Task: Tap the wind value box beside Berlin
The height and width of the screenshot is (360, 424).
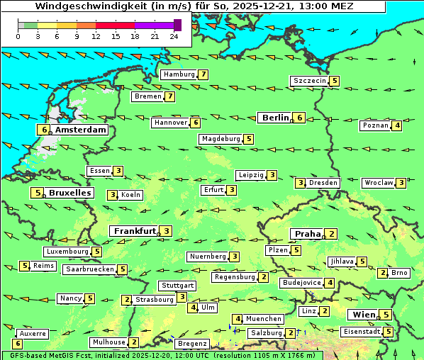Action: coord(300,118)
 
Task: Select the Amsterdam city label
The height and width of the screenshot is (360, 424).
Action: coord(80,130)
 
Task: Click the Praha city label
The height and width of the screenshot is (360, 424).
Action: coord(308,234)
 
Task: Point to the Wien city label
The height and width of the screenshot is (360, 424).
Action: coord(362,315)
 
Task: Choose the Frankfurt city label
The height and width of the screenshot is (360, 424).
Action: coord(135,231)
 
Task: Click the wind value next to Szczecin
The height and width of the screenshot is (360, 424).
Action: coord(334,81)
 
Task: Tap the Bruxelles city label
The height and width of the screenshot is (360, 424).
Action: coord(69,193)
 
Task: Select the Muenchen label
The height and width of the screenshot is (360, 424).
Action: coord(264,319)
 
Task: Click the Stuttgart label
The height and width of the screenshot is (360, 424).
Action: coord(177,286)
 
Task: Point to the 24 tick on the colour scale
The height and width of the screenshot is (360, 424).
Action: coord(174,36)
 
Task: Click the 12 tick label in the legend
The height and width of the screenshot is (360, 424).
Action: coord(96,36)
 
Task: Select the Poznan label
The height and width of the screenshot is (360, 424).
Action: coord(376,125)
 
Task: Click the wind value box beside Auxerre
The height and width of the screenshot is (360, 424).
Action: coord(18,344)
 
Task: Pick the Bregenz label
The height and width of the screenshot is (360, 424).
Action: coord(191,344)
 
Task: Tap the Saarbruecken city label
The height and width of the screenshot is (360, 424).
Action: coord(89,269)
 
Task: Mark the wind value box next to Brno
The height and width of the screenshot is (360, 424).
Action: coord(383,273)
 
